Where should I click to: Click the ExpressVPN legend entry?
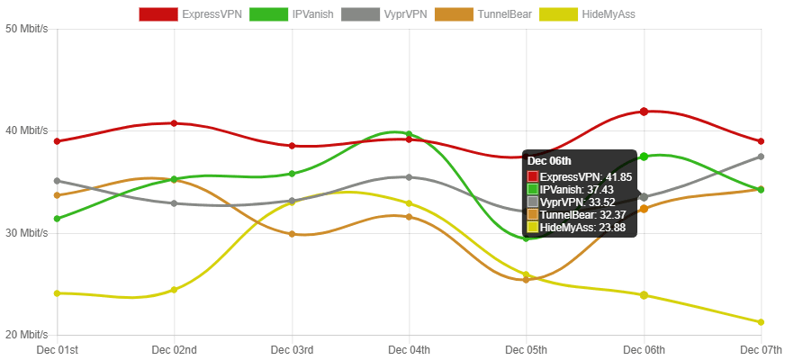191,14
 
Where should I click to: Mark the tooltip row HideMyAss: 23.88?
580,228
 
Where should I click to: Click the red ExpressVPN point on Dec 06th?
645,112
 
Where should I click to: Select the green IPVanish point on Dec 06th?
645,157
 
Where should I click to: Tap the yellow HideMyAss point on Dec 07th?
762,322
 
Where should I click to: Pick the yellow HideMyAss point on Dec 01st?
58,293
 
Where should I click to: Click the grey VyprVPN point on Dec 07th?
762,157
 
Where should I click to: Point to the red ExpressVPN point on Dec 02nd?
175,123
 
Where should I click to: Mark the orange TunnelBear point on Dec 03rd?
293,234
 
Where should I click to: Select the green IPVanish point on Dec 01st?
58,219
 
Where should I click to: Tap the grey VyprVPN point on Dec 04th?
410,177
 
